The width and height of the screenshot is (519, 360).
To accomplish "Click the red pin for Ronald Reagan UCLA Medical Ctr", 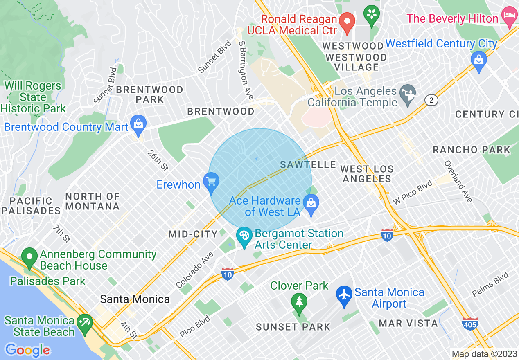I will pos(348,22).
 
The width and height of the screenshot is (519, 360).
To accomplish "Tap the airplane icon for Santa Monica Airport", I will pos(344,295).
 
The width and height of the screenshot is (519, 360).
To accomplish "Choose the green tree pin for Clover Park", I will pos(299,303).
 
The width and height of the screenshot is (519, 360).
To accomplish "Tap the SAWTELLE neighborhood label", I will pos(308,164).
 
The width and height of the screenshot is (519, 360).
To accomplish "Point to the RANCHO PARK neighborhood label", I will pos(472,150).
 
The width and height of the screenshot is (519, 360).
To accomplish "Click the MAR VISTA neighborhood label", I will pos(408,323).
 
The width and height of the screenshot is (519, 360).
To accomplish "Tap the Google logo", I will pos(27,350).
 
